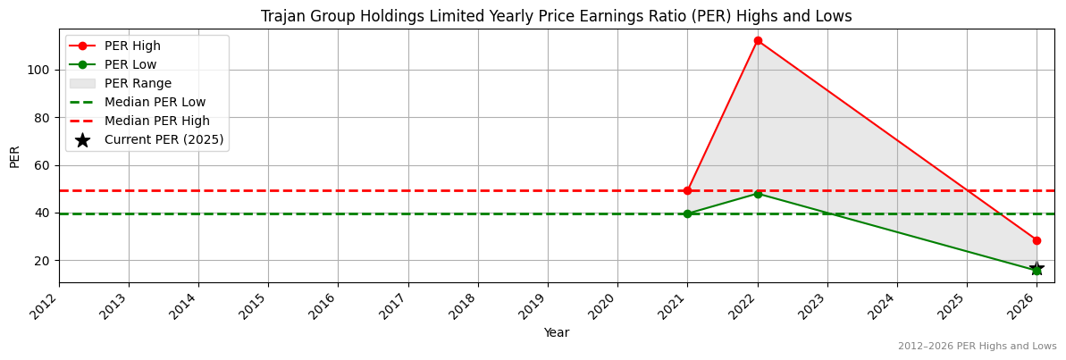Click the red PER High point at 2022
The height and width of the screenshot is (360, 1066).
pyautogui.click(x=758, y=40)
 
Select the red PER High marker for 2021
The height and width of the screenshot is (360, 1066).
pyautogui.click(x=687, y=190)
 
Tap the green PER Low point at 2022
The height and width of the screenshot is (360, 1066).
pyautogui.click(x=758, y=193)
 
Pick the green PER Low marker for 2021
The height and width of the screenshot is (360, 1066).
pyautogui.click(x=687, y=213)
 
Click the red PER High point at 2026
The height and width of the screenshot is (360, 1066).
pyautogui.click(x=1037, y=240)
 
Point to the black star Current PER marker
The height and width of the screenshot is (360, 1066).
pyautogui.click(x=1037, y=269)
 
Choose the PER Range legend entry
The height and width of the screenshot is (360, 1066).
pyautogui.click(x=138, y=83)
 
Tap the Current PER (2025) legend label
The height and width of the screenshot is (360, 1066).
pyautogui.click(x=164, y=139)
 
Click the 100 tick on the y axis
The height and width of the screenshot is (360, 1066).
pyautogui.click(x=42, y=70)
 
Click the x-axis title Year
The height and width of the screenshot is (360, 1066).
pyautogui.click(x=556, y=332)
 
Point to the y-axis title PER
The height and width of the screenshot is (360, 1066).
pyautogui.click(x=14, y=155)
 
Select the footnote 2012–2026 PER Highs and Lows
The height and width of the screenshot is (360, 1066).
pyautogui.click(x=977, y=346)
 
